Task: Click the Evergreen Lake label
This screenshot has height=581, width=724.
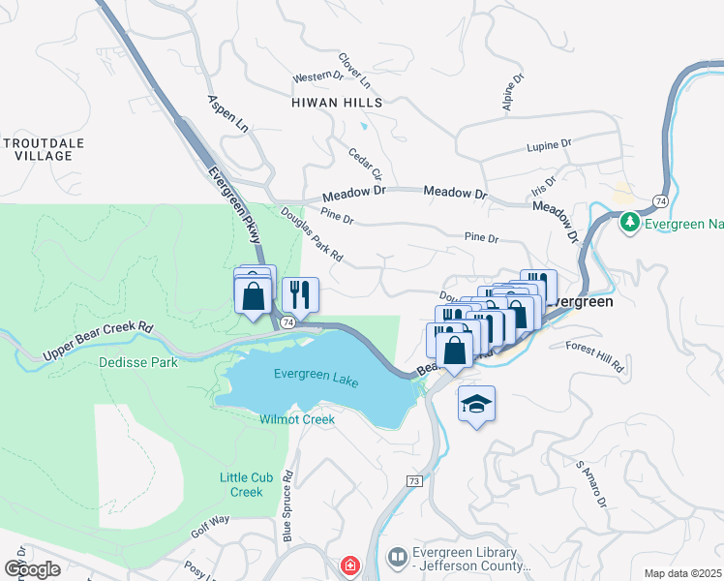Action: point(317,378)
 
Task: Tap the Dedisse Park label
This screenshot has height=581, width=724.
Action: point(137,363)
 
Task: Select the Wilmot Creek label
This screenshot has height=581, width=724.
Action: point(296,419)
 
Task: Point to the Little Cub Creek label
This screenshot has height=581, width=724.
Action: point(241,484)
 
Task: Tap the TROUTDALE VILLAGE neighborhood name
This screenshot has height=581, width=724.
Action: point(44,149)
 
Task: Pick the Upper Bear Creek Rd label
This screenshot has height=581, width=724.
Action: point(99,343)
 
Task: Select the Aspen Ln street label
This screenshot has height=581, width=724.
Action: point(227,114)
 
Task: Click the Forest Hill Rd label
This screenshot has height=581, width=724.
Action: point(595,358)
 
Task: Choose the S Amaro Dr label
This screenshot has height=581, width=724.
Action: point(590,484)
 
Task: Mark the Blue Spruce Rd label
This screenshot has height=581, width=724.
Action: point(287,505)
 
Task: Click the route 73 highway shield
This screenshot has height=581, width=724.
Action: point(413,481)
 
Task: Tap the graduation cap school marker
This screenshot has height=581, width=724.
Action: point(476,404)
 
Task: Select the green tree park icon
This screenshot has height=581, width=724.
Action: point(630,223)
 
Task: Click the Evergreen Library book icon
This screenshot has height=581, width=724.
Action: point(398,558)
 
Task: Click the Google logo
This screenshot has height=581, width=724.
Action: point(32,568)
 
